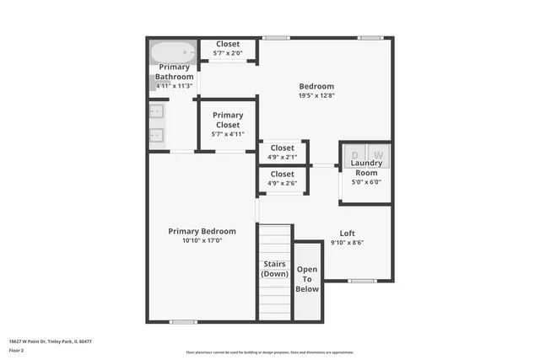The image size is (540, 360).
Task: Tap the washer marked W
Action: (x=378, y=155)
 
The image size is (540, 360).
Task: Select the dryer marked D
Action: (x=355, y=155)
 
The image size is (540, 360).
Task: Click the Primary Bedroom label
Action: (x=202, y=231)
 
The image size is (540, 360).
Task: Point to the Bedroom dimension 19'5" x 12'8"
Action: (x=317, y=95)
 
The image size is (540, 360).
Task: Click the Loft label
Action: (x=347, y=234)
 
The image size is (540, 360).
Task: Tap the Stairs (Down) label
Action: (x=274, y=269)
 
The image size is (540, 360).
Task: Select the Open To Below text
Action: (x=307, y=279)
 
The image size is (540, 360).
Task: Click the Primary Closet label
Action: (x=228, y=120)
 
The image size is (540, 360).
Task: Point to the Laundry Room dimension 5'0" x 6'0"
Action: (x=366, y=181)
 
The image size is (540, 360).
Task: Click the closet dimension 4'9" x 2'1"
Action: (x=283, y=157)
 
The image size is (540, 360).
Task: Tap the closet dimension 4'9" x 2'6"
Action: (x=283, y=183)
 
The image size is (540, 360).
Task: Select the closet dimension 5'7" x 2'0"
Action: (x=228, y=53)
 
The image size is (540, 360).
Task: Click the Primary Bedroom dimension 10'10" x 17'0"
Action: (x=202, y=240)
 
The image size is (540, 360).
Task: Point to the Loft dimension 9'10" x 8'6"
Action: (x=347, y=243)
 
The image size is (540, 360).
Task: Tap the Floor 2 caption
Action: (x=17, y=350)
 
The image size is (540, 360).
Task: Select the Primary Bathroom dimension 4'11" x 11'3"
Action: (x=175, y=85)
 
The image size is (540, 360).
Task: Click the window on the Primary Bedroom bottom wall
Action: (x=182, y=321)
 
